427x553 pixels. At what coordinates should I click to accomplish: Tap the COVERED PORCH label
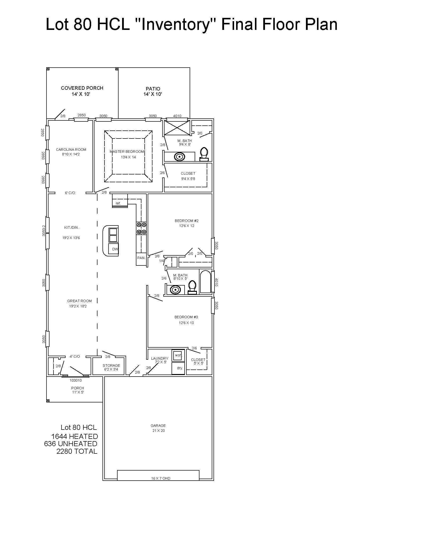(82, 88)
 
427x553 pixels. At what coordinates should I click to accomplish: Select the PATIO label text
(153, 89)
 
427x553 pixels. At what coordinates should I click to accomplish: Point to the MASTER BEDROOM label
(127, 152)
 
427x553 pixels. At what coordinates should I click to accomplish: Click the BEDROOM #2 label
(187, 221)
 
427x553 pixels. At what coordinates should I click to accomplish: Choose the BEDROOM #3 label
(186, 317)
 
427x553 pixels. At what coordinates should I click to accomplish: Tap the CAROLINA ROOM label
(71, 150)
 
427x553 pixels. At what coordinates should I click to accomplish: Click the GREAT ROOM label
(79, 301)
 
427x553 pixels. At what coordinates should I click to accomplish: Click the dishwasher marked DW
(114, 249)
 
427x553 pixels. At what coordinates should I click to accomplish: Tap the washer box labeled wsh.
(178, 355)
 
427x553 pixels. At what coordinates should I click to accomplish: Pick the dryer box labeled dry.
(178, 368)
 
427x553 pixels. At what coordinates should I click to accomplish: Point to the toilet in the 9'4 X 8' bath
(204, 154)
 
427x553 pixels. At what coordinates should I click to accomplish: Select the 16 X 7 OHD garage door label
(161, 478)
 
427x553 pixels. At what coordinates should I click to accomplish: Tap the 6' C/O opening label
(70, 193)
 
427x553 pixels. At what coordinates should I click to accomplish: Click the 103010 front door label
(76, 380)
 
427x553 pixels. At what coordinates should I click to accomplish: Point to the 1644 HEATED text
(75, 436)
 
